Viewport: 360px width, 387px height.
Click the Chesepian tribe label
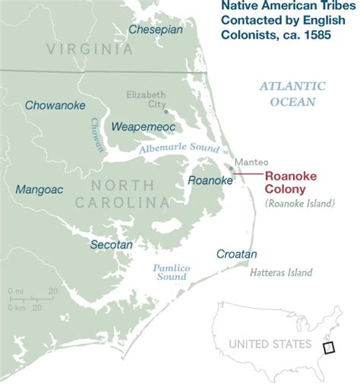155,30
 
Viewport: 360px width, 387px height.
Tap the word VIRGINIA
89,49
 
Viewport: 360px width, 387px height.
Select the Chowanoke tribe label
55,106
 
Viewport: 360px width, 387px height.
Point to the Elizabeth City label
147,100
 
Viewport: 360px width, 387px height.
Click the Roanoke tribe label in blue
210,180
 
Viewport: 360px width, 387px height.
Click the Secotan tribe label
111,245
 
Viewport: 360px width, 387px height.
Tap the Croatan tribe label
237,254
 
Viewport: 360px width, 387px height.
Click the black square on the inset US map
329,347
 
